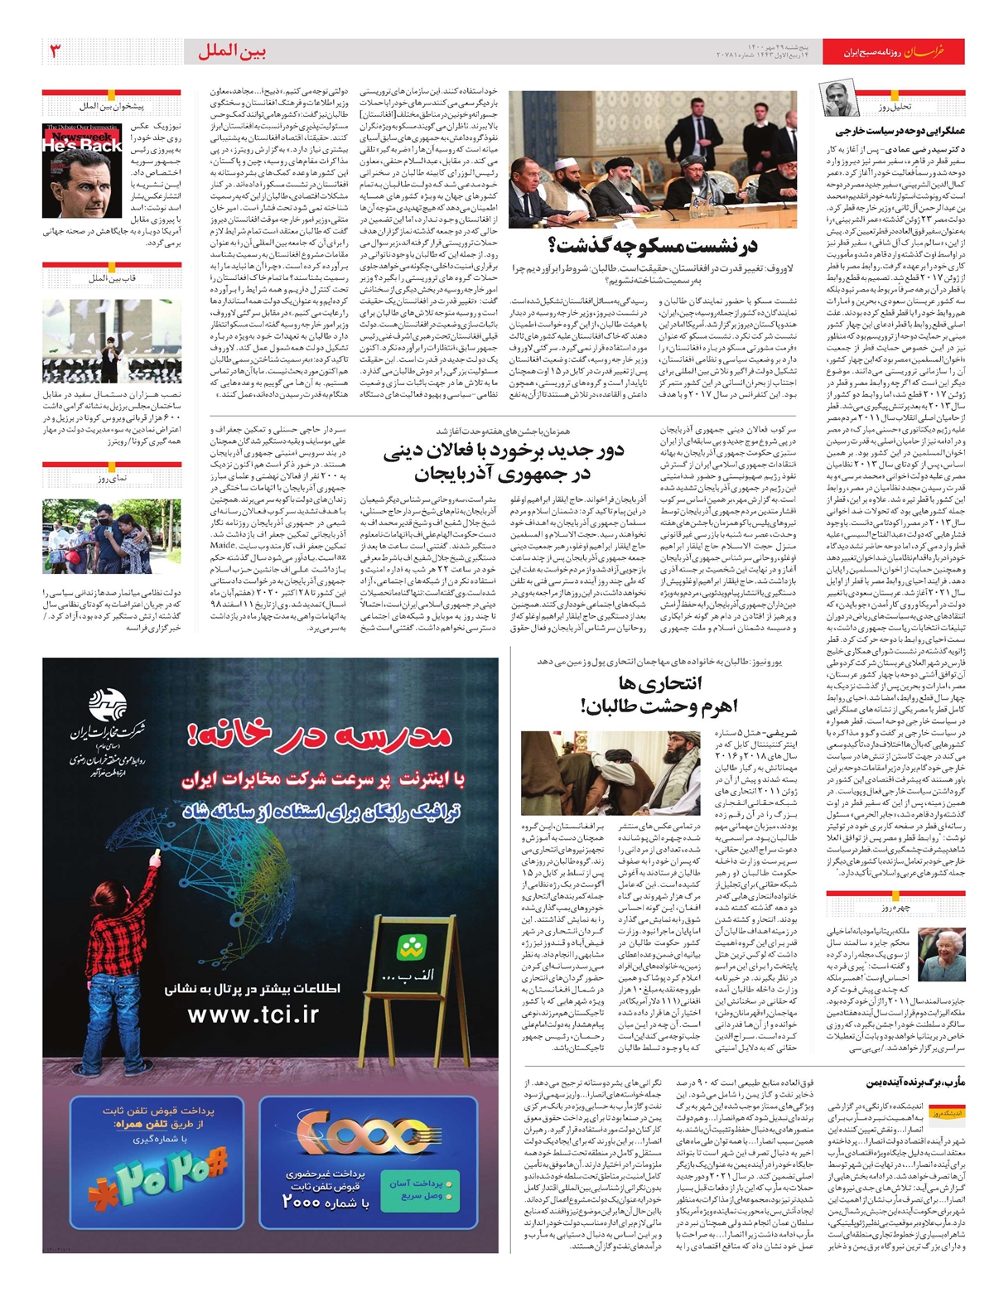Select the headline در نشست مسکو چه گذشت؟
pos(652,246)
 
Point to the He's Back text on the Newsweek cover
pos(83,145)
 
